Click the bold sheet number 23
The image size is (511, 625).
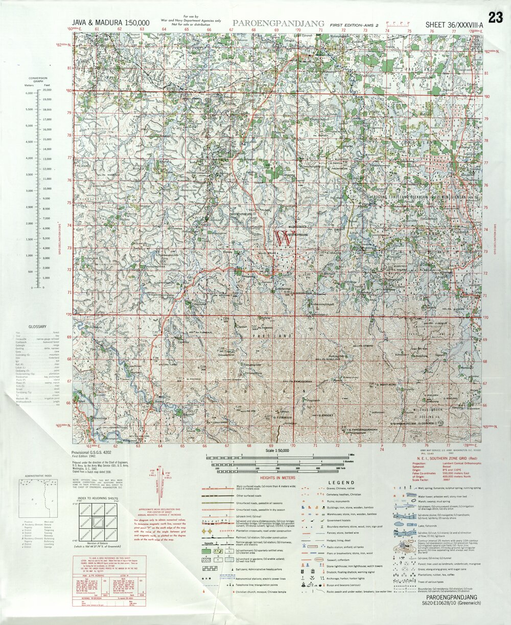coord(495,17)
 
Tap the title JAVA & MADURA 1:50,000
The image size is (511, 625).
coord(111,23)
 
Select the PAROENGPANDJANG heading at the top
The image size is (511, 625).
coord(278,23)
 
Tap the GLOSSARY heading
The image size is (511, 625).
coord(37,326)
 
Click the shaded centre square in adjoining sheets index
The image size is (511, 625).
coord(98,522)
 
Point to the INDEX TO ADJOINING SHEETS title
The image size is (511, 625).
coord(98,497)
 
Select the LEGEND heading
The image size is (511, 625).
coord(341,482)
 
